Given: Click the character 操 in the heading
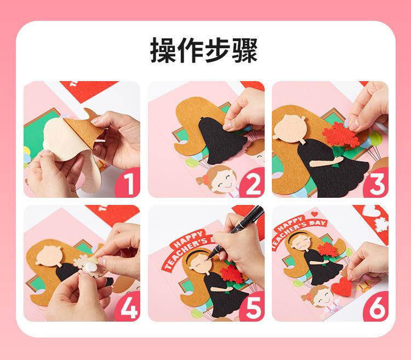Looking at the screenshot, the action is [163, 50].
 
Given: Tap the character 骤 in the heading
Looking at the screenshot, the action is [245, 50].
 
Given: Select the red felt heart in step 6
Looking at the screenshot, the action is [342, 287].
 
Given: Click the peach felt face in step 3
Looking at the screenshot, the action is [289, 128].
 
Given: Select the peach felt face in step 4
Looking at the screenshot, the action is [49, 255].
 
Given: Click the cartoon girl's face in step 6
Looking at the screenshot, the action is [323, 297].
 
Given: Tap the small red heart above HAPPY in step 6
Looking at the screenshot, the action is [315, 214].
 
